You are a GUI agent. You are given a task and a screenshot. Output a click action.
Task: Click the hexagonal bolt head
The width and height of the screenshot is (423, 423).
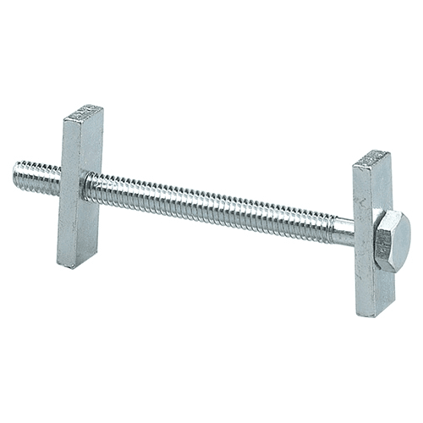coord(391,241)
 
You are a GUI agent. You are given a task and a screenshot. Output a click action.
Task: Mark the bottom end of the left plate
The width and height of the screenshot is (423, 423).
coord(74,264)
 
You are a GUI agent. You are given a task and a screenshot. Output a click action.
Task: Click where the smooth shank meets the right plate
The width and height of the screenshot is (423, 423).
coord(354,232)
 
